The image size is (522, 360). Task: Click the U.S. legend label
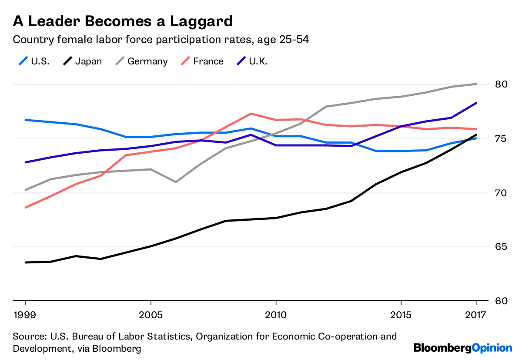point(40,61)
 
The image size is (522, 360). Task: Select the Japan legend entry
point(88,61)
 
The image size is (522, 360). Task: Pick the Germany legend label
point(147,61)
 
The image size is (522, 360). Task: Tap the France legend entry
point(208,61)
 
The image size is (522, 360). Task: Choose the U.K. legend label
point(258,61)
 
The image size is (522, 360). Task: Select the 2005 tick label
point(151,314)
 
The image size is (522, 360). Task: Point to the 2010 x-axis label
point(276,314)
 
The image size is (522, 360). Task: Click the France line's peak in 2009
point(251,114)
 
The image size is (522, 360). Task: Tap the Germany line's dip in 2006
point(176,182)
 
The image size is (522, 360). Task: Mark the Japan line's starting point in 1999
point(26,262)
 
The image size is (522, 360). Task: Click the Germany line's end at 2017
point(476,84)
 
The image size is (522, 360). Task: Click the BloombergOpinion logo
point(463,348)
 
